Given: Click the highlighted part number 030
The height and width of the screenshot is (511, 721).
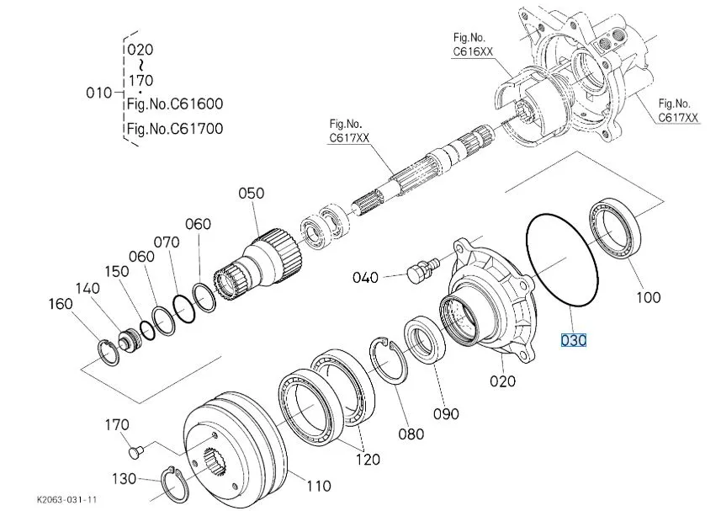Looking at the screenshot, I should pyautogui.click(x=573, y=340).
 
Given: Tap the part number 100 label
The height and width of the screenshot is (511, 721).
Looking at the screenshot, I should pyautogui.click(x=649, y=296).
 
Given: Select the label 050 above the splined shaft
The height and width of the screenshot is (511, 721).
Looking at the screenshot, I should pyautogui.click(x=252, y=194).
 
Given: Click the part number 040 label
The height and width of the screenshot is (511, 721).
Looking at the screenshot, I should pyautogui.click(x=365, y=277).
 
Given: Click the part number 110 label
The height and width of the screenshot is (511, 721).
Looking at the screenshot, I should pyautogui.click(x=318, y=486).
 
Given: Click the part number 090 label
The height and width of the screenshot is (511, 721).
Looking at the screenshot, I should pyautogui.click(x=446, y=413).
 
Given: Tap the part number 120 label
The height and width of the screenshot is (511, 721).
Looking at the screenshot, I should pyautogui.click(x=367, y=460).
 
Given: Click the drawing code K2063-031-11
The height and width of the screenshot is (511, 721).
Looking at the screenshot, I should pyautogui.click(x=68, y=498).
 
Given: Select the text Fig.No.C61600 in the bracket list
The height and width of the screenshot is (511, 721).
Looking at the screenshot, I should pyautogui.click(x=174, y=104).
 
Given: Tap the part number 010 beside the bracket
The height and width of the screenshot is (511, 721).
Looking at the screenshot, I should pyautogui.click(x=98, y=92).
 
